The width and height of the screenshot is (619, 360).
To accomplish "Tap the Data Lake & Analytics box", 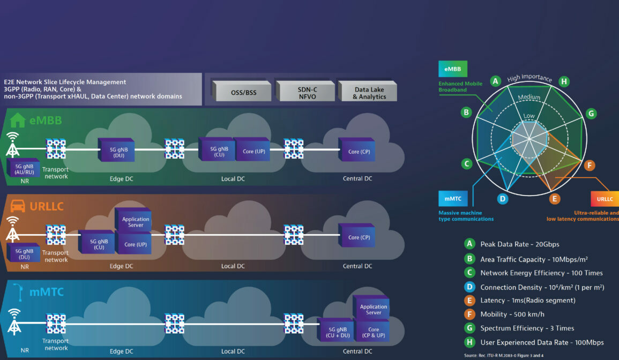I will (x=369, y=92).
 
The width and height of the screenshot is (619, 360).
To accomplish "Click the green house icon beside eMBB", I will (x=18, y=120).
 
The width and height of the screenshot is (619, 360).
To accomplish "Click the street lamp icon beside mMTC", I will (x=18, y=291).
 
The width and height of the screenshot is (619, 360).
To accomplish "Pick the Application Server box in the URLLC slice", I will (x=134, y=222).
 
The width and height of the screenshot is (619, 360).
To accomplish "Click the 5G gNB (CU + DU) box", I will (x=337, y=332).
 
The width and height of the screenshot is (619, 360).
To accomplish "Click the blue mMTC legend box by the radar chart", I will (x=453, y=199).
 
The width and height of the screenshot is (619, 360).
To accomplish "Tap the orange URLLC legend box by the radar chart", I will (x=605, y=199).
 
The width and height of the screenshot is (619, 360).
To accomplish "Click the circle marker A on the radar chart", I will (x=496, y=81).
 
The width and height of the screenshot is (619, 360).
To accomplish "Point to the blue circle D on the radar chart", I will (x=502, y=199).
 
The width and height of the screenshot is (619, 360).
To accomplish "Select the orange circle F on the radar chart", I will (x=590, y=166).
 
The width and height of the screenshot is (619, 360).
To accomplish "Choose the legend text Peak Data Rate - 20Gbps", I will (x=519, y=244).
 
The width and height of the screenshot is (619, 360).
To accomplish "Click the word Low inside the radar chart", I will (x=528, y=116).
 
